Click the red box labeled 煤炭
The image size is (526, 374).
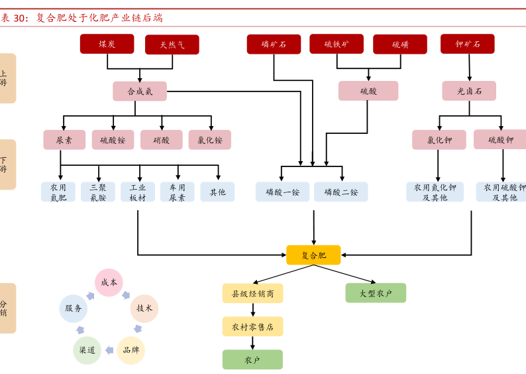coord(107,44)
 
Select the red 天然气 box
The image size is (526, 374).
coord(172,45)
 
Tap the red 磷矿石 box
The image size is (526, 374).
coord(274,44)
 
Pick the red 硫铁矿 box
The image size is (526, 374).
coord(337,44)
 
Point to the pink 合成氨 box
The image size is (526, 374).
coord(140,92)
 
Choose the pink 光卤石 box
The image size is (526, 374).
coord(470,91)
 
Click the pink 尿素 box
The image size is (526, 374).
coord(64,140)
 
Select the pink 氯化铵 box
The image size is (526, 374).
coord(210,140)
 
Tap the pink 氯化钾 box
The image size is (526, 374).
coord(439,140)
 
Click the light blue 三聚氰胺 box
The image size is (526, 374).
coord(98,192)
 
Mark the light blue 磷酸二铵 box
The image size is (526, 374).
coord(341,192)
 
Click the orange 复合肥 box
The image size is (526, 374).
coord(313,255)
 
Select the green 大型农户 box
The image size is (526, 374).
coord(376,292)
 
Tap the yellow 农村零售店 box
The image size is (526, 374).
coord(252,326)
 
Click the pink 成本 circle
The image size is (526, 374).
coord(109,282)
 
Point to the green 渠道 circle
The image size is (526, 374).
coord(87,349)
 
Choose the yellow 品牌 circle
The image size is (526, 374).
coord(131,349)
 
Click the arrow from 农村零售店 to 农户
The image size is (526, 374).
coord(252,343)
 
